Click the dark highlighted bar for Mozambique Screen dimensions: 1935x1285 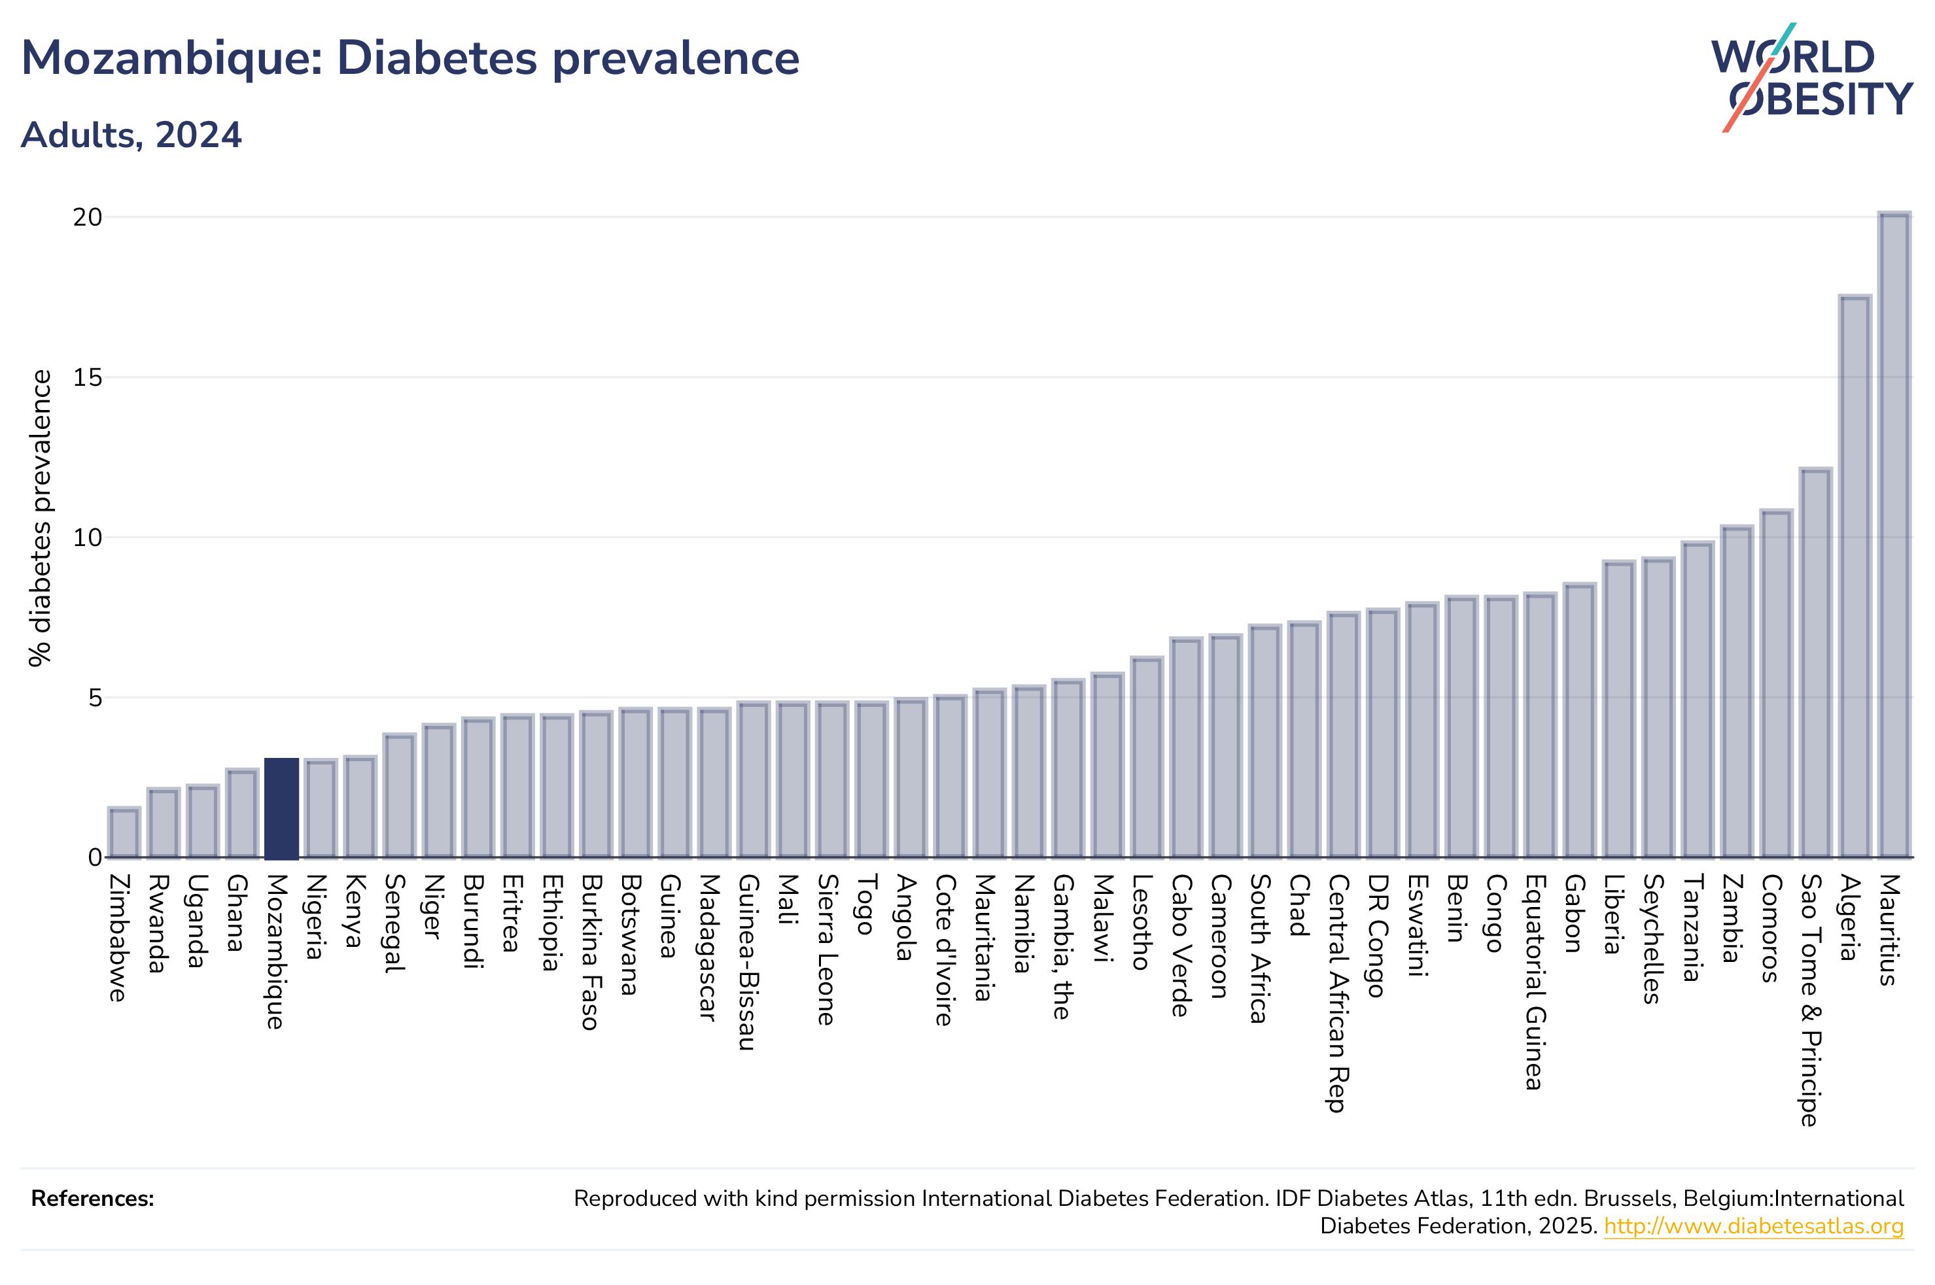coord(281,808)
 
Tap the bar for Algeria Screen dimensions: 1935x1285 coord(1855,576)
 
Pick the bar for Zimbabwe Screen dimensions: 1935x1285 coord(124,832)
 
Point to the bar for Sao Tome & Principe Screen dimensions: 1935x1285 coord(1815,663)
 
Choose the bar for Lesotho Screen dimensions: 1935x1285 coord(1147,757)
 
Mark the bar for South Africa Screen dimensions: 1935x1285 coord(1264,741)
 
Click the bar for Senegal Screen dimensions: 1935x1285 coord(399,796)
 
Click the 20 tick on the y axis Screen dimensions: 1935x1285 coord(88,217)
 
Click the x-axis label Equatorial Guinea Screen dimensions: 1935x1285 coord(1534,982)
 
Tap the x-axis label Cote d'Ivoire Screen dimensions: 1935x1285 coord(944,950)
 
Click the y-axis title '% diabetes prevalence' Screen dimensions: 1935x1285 coord(40,518)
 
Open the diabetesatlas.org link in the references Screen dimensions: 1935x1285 coord(1754,1226)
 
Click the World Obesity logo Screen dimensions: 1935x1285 coord(1812,77)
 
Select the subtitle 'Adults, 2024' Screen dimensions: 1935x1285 coord(131,135)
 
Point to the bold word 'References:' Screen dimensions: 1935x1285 coord(93,1198)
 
